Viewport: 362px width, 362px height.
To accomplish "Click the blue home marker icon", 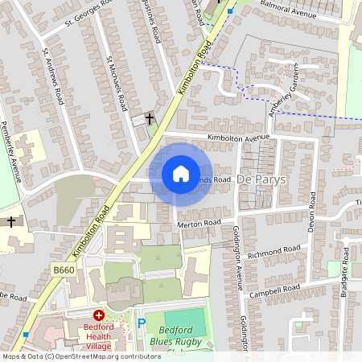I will click(x=181, y=174).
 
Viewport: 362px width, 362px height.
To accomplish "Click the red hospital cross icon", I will click(x=99, y=316).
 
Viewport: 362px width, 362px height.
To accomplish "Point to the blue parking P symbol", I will click(x=142, y=323).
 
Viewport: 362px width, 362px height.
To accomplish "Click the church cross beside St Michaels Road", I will click(x=149, y=118).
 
